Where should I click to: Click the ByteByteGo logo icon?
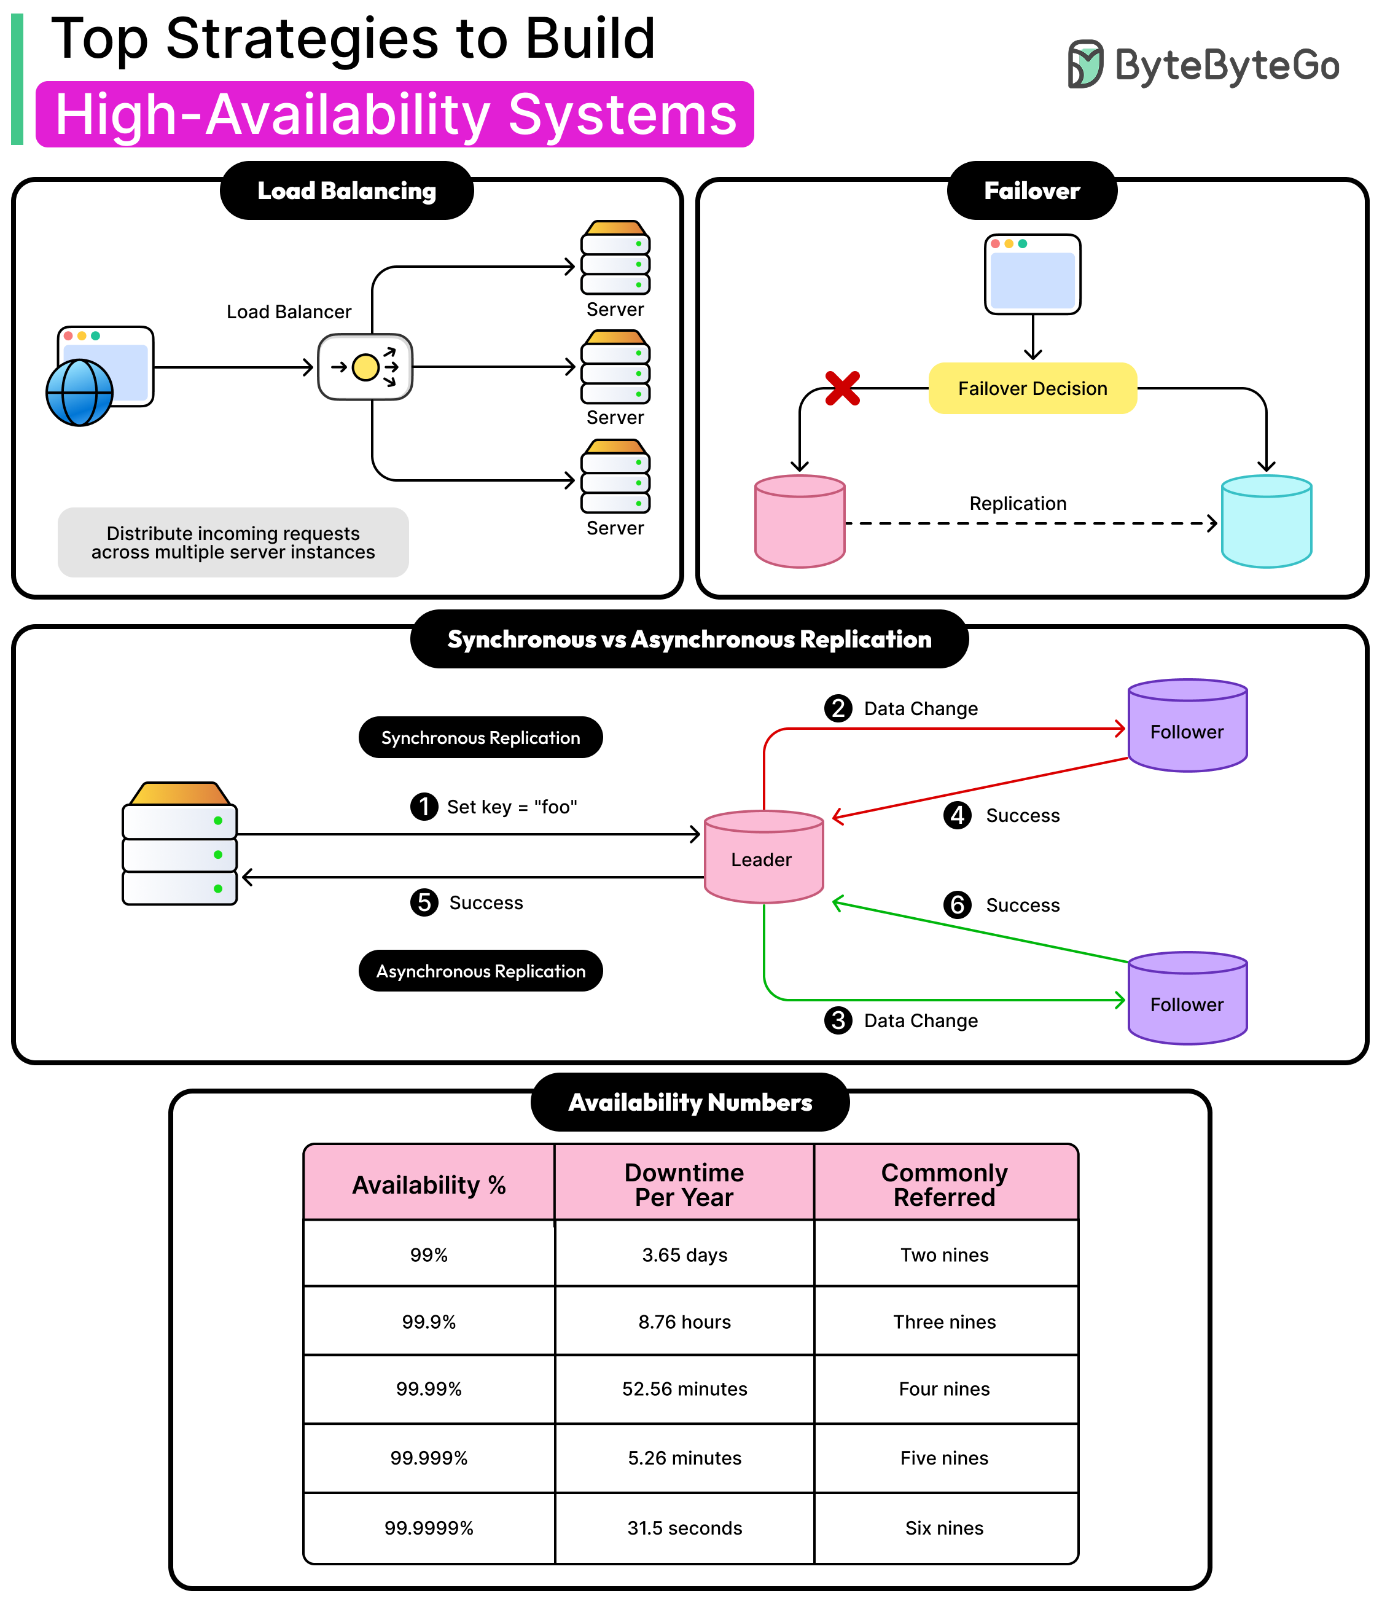(x=1084, y=64)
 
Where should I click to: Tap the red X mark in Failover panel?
(x=842, y=388)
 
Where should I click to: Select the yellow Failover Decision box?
(x=1032, y=388)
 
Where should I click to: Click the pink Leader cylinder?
(x=763, y=858)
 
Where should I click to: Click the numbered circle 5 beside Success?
(x=424, y=902)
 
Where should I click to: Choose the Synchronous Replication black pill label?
(x=480, y=738)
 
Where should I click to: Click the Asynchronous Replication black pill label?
(x=480, y=971)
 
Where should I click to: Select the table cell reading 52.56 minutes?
(x=684, y=1389)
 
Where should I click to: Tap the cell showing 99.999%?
(x=429, y=1458)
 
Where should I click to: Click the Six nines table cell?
(x=944, y=1528)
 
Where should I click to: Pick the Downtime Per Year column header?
(x=684, y=1184)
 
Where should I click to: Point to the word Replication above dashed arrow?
(x=1017, y=503)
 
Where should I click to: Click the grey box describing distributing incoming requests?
(x=233, y=542)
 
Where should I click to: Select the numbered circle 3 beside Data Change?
(x=838, y=1020)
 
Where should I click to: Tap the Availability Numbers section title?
(x=690, y=1103)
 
